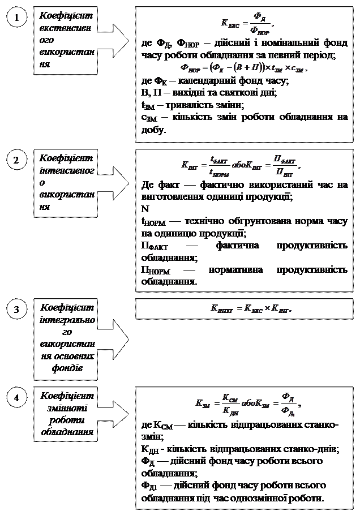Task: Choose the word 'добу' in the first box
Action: click(152, 130)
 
